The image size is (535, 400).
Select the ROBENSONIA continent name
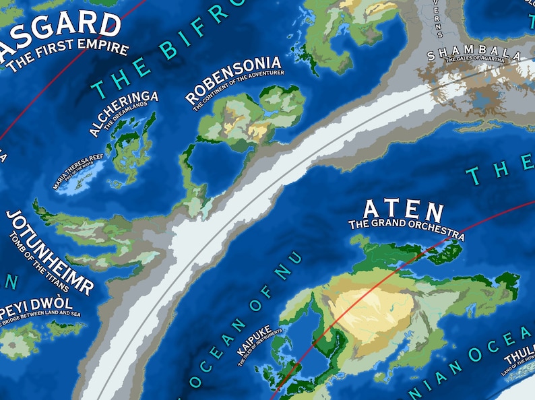232,81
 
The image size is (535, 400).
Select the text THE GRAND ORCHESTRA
406,228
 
